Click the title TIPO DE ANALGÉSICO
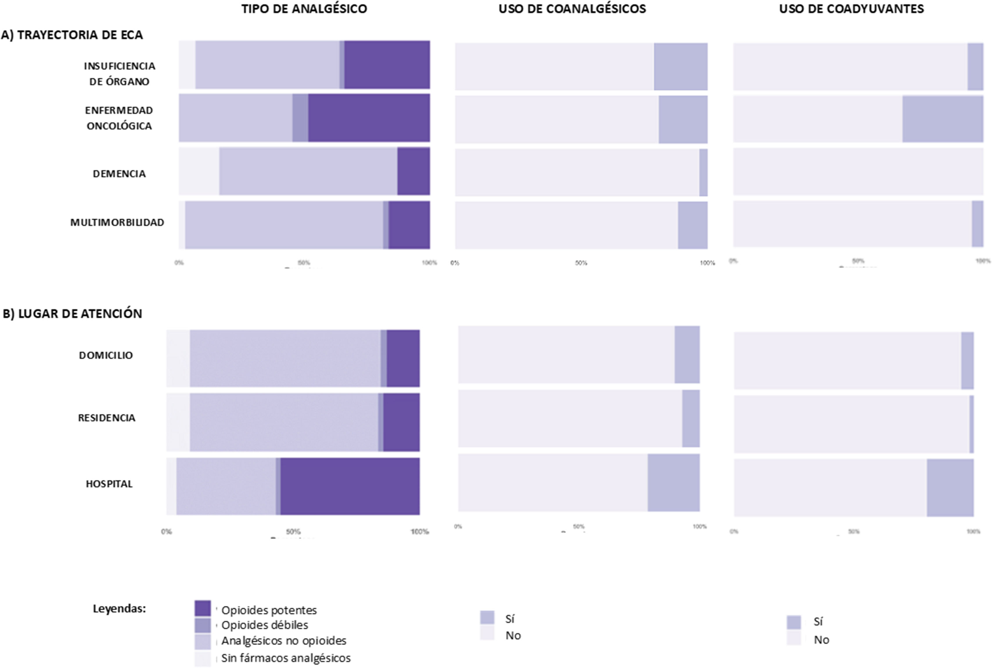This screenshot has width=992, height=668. (304, 9)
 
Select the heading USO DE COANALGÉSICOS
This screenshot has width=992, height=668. (572, 9)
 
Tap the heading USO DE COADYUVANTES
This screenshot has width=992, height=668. (851, 9)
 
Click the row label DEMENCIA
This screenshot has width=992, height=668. (119, 174)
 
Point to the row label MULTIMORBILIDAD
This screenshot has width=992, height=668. (117, 222)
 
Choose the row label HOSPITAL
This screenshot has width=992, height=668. (109, 484)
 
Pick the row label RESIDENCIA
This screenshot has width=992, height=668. (107, 418)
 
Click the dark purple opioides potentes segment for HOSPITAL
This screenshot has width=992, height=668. (350, 486)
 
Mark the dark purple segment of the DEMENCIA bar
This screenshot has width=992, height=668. (413, 171)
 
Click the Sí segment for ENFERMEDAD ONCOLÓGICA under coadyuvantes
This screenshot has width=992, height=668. (943, 119)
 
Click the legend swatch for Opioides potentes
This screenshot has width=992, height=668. (202, 608)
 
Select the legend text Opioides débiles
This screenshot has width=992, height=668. (264, 625)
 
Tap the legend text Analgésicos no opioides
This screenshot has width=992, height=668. (284, 641)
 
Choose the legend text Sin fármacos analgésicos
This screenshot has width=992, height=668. (285, 658)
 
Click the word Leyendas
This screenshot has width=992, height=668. (119, 609)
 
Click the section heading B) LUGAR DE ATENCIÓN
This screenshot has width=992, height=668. (73, 314)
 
